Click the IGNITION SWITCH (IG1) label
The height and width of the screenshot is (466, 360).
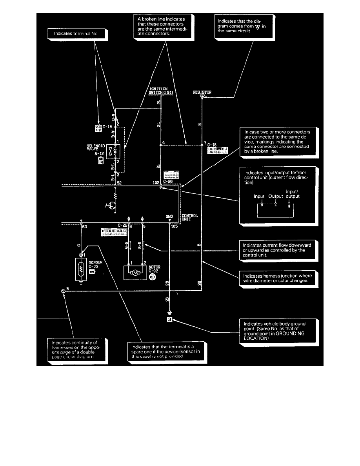tap(158, 91)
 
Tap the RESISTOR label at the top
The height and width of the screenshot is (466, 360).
tap(202, 93)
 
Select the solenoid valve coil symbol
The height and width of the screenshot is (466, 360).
tap(116, 151)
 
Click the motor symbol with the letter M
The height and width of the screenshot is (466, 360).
tap(135, 272)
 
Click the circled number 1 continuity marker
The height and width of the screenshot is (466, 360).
tap(63, 291)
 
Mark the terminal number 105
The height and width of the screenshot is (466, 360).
tap(175, 226)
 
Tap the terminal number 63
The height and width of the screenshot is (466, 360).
tap(84, 226)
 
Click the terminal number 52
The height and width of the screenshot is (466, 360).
tap(119, 182)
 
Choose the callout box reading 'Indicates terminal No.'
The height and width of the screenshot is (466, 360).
tap(77, 34)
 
